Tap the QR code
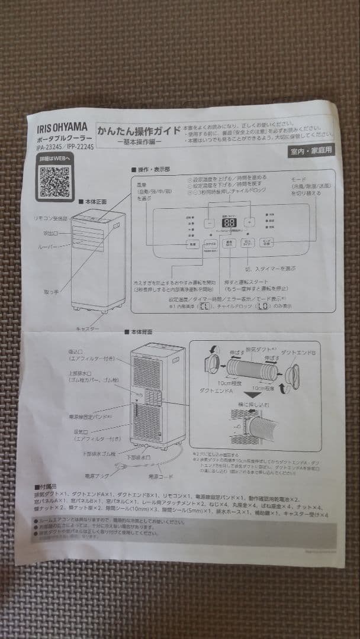click(x=55, y=180)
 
